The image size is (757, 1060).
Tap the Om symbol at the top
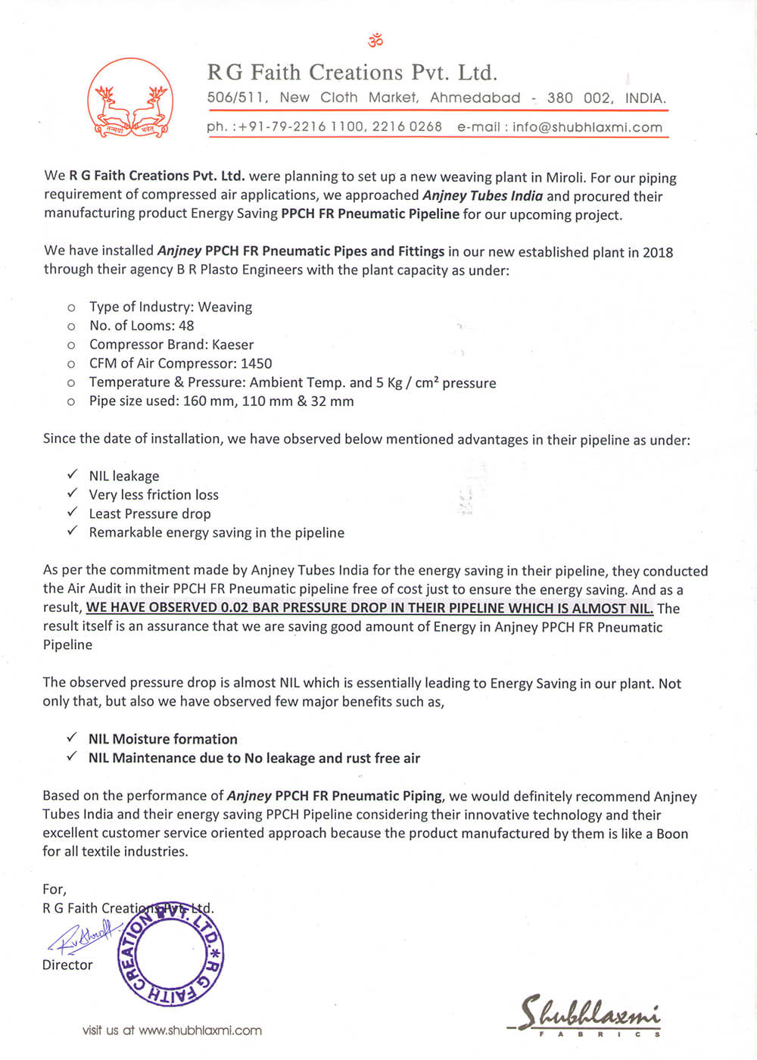pyautogui.click(x=375, y=39)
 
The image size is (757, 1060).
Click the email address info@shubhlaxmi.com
pyautogui.click(x=587, y=127)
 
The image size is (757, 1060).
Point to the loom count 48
pyautogui.click(x=186, y=326)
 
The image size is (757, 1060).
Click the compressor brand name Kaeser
pyautogui.click(x=232, y=344)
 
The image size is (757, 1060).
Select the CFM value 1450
pyautogui.click(x=256, y=363)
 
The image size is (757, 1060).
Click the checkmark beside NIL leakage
pyautogui.click(x=72, y=475)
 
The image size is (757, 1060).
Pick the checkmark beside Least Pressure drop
pyautogui.click(x=72, y=513)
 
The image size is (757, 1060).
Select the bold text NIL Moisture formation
pyautogui.click(x=163, y=739)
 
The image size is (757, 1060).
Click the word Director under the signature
pyautogui.click(x=67, y=965)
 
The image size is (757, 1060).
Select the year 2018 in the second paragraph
pyautogui.click(x=658, y=252)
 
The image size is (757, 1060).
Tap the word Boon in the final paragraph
pyautogui.click(x=672, y=834)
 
